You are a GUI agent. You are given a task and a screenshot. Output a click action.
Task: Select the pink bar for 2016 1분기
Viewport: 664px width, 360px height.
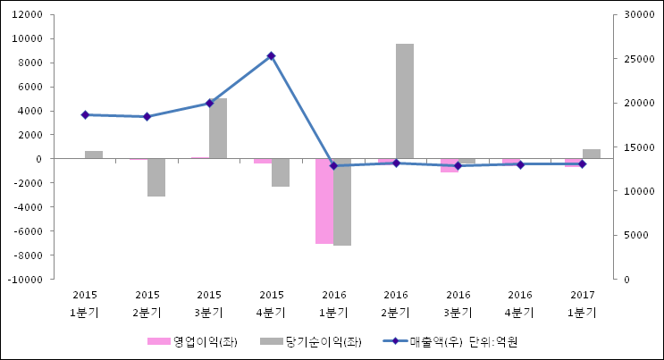pos(324,201)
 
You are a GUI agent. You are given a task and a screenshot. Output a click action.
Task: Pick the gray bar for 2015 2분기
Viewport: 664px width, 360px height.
pos(156,177)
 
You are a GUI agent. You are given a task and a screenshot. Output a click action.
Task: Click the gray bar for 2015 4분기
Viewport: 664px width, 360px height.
pos(281,172)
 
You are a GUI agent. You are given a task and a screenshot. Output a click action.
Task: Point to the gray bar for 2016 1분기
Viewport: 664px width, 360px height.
pos(342,202)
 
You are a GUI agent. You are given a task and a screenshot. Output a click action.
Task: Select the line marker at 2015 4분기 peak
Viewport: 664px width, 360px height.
pos(272,55)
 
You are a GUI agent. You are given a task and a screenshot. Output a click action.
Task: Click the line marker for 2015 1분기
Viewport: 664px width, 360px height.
pos(85,115)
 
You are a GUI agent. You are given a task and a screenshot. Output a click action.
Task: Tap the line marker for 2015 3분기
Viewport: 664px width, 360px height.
pos(209,103)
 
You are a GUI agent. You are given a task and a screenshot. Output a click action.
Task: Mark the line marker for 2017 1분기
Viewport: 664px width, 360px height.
pos(582,163)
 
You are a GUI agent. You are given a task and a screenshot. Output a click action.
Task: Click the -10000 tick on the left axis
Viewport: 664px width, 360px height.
pos(26,280)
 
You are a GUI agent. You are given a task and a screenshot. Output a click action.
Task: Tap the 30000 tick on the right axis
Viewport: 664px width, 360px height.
pos(637,15)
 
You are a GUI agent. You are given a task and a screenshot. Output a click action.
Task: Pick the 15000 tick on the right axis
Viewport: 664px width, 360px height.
pos(637,147)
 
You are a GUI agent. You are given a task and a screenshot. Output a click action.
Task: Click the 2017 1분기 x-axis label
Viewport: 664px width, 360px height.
pos(582,304)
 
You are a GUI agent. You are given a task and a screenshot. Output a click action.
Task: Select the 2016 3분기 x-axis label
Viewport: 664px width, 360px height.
pos(458,304)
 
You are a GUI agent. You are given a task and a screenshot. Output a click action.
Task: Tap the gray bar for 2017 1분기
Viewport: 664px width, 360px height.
pos(591,154)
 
